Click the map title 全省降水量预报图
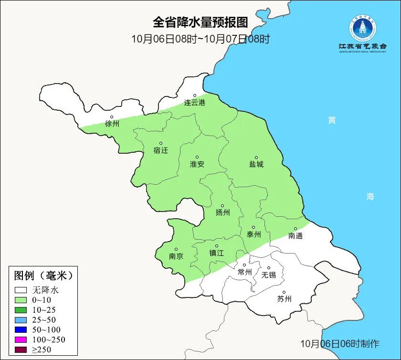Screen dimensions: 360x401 point(200,22)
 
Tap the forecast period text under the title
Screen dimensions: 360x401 point(200,39)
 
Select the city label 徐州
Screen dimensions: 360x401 point(112,124)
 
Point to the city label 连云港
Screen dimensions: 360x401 point(195,103)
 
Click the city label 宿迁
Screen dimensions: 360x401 point(161,150)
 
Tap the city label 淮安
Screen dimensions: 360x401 point(197,164)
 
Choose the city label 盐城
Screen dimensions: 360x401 point(256,165)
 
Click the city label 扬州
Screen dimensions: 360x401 point(222,213)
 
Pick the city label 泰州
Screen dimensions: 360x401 point(254,235)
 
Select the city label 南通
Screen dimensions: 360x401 point(295,236)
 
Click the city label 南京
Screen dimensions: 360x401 point(176,256)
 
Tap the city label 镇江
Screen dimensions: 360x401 point(216,254)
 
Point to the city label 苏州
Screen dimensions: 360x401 point(284,299)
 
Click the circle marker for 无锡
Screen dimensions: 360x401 point(268,268)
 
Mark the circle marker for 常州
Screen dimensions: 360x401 point(244,265)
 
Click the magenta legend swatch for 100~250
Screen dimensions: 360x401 point(21,340)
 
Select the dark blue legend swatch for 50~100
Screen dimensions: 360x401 point(21,330)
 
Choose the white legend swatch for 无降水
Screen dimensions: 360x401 point(21,290)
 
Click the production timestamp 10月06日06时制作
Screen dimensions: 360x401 point(339,344)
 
